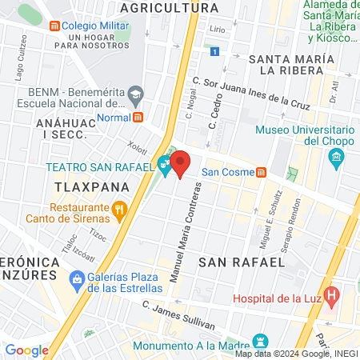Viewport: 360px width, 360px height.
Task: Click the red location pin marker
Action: click(181, 164)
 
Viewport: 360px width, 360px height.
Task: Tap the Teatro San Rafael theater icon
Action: click(164, 166)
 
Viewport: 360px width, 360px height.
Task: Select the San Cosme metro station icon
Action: click(262, 172)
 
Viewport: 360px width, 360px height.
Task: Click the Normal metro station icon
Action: click(138, 117)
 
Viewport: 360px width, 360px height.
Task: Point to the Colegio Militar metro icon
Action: click(54, 25)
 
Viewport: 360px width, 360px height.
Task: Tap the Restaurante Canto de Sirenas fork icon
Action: click(120, 210)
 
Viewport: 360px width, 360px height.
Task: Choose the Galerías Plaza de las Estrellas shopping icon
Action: click(78, 280)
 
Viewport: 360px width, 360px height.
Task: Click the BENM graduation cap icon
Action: click(135, 95)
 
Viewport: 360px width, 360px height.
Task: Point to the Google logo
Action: click(26, 350)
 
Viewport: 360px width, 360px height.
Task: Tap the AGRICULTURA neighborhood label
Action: click(168, 7)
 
